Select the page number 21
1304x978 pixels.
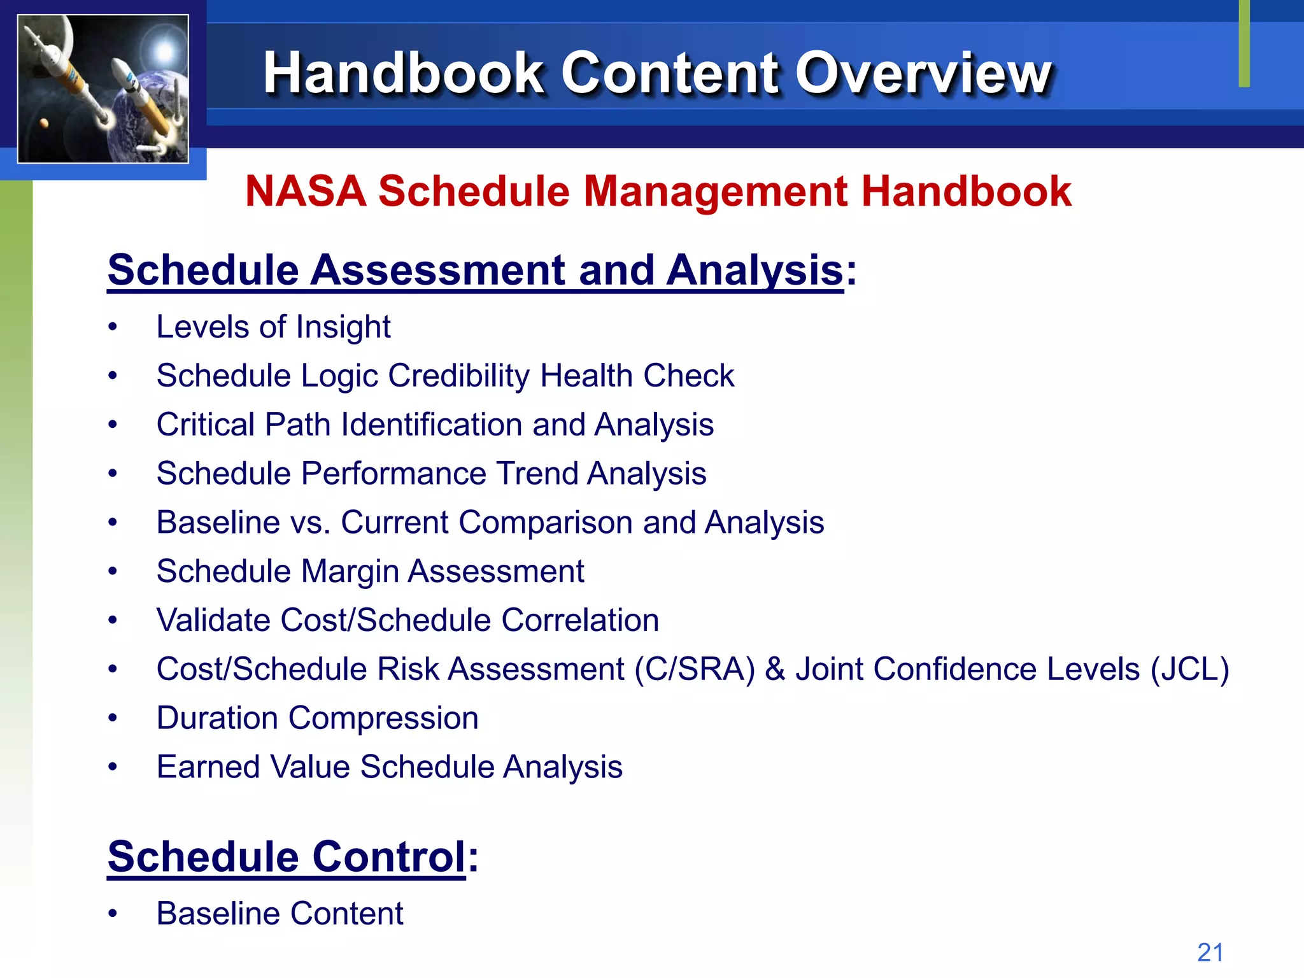click(1210, 953)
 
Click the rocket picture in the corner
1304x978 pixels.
click(103, 89)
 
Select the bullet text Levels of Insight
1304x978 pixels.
click(273, 327)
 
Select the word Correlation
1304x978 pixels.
click(579, 620)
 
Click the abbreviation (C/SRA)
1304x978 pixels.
click(694, 669)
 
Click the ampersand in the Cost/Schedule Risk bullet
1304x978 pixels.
click(775, 669)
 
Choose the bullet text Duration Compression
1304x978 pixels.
click(317, 718)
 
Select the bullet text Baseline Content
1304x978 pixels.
click(280, 914)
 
